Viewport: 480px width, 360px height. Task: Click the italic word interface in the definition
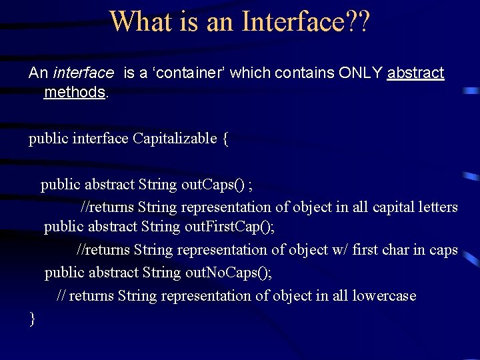(x=83, y=73)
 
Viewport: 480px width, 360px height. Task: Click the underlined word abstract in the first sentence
(x=415, y=73)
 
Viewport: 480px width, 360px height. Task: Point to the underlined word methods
(x=74, y=92)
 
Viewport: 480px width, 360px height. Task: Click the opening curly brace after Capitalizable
(x=225, y=139)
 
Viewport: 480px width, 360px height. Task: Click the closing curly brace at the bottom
(x=32, y=319)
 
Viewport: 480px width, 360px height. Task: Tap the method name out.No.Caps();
(x=229, y=273)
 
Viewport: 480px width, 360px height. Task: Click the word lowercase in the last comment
(x=384, y=295)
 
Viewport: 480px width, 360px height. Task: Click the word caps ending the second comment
(x=443, y=250)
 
